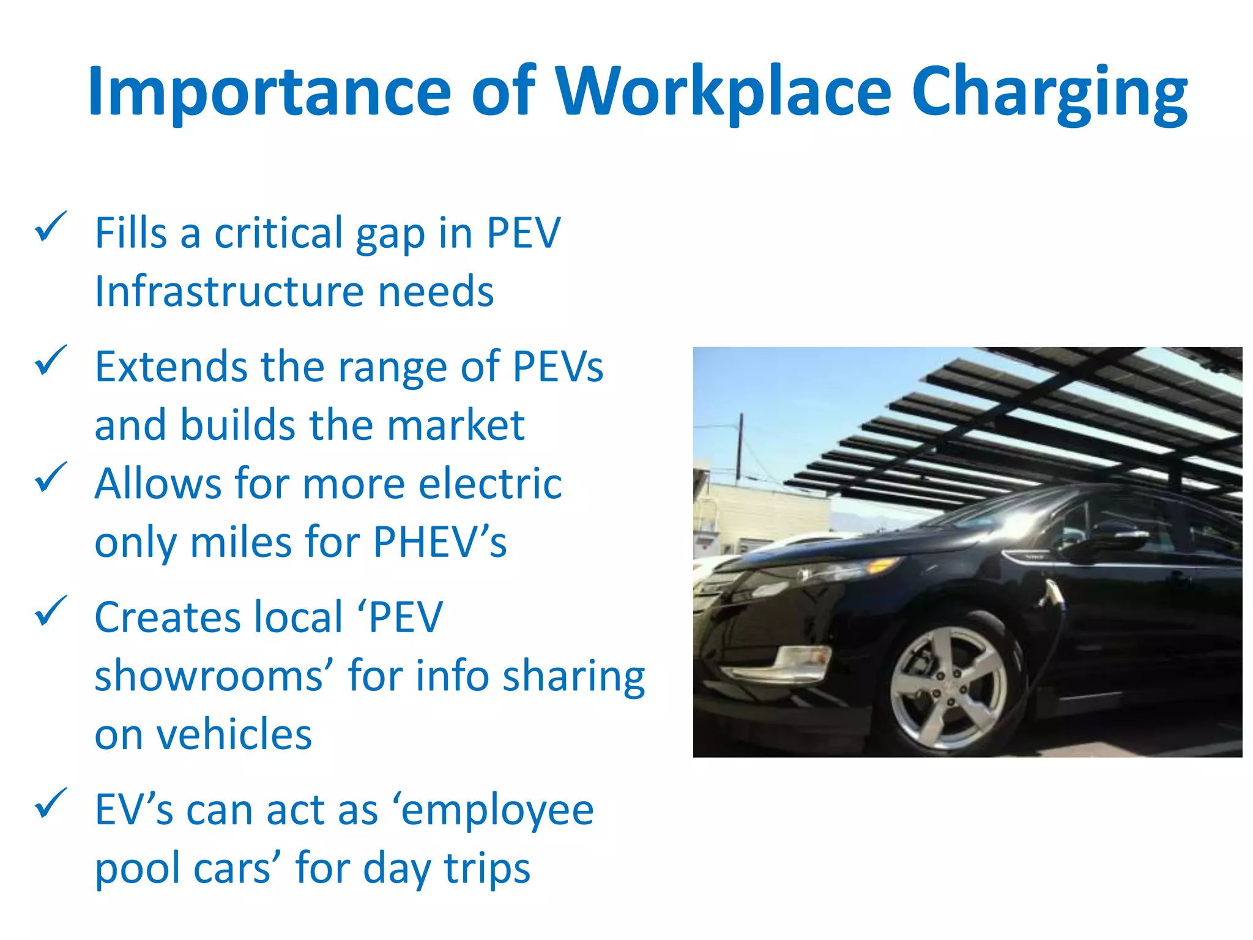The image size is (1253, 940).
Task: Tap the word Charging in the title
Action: tap(1049, 93)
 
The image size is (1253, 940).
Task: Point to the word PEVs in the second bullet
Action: tap(557, 367)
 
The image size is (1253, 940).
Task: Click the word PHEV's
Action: tap(440, 542)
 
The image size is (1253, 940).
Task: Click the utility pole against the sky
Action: tap(740, 447)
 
